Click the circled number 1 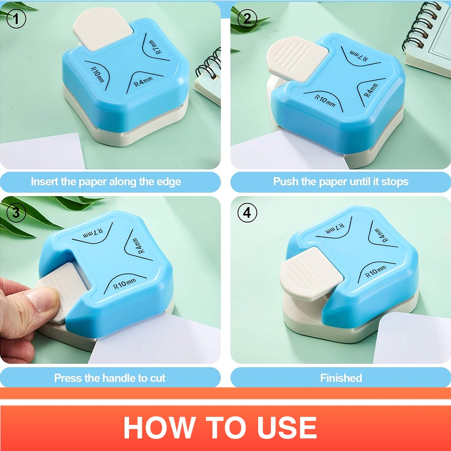coord(16,18)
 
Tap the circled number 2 coord(247,19)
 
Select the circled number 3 coord(16,213)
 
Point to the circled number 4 coord(247,213)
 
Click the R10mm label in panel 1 coord(97,74)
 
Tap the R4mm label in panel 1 coord(143,82)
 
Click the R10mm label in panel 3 coord(125,284)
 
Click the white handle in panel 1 coord(103,28)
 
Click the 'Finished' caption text coord(341,378)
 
